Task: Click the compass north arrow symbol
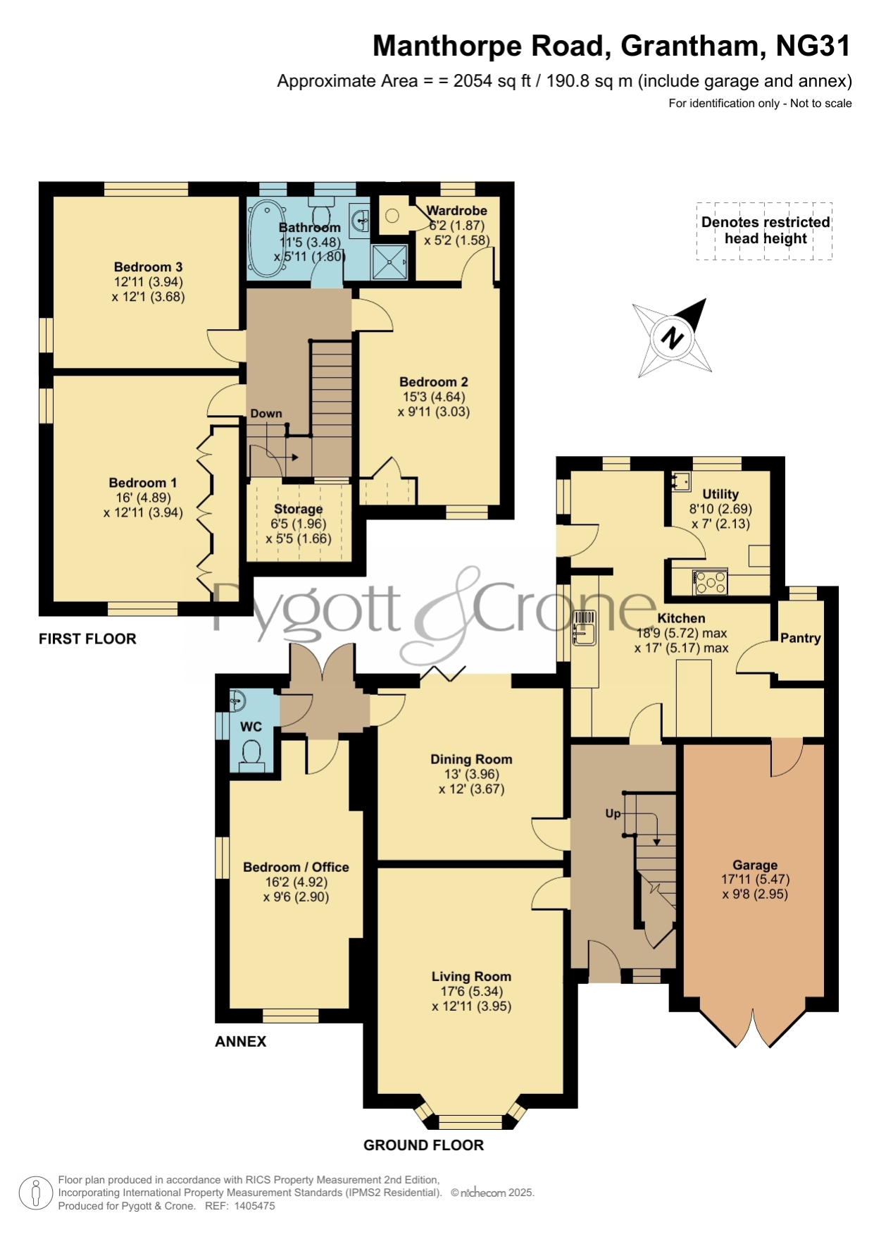[x=672, y=338]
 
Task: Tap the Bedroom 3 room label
[x=148, y=267]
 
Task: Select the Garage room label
[x=755, y=865]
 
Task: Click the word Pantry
[x=801, y=638]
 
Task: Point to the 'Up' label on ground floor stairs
[x=613, y=813]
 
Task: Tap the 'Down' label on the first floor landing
[x=266, y=414]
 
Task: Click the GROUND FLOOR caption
[x=423, y=1145]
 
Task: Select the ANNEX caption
[x=241, y=1042]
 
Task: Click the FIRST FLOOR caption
[x=87, y=639]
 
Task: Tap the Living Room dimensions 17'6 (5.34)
[x=472, y=992]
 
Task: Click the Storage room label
[x=299, y=509]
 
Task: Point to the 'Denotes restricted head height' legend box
[x=765, y=231]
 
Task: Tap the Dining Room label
[x=471, y=759]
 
